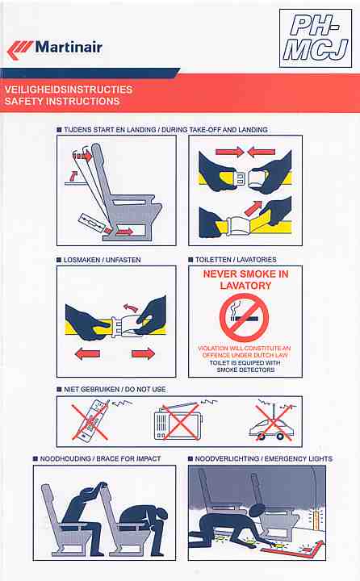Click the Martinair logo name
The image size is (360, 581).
click(69, 48)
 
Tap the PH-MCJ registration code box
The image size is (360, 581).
click(316, 38)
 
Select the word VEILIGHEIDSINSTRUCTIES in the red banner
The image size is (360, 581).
click(69, 90)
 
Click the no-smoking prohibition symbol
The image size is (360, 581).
click(244, 318)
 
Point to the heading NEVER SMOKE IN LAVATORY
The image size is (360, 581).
click(246, 280)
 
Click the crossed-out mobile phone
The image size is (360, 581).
click(91, 420)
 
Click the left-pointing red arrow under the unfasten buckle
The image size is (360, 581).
click(87, 354)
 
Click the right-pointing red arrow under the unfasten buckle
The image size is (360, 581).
click(143, 353)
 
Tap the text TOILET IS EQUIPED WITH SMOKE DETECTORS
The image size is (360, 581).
click(245, 366)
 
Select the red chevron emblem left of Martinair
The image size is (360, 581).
click(20, 50)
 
